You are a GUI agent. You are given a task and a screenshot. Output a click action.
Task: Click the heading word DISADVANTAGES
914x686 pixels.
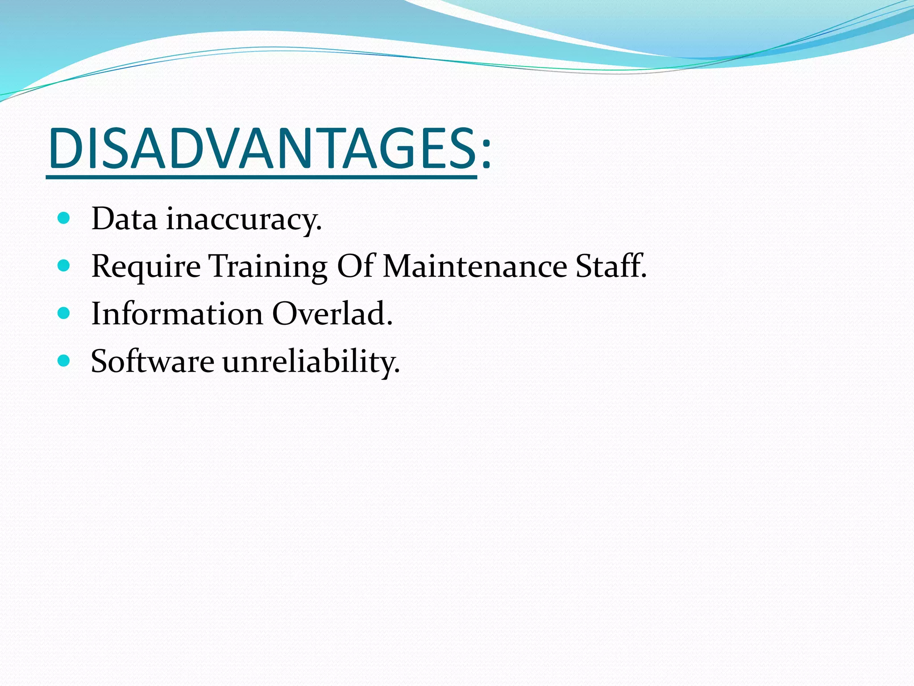click(262, 148)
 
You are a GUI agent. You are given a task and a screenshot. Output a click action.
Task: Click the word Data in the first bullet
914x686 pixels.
click(124, 219)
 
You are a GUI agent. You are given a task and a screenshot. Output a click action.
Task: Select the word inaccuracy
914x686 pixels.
click(244, 220)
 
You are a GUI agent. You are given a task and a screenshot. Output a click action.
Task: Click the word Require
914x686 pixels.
click(146, 267)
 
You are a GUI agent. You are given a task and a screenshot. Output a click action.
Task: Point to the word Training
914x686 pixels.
click(268, 267)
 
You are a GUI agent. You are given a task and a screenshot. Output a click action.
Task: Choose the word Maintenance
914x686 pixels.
click(475, 266)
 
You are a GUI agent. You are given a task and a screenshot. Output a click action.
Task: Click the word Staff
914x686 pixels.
click(611, 266)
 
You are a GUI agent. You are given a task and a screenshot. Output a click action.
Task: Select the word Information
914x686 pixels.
click(177, 314)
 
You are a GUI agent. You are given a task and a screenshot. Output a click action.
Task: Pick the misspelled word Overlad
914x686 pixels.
click(332, 314)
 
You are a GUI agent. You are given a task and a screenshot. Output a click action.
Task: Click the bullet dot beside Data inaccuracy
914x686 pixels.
click(64, 218)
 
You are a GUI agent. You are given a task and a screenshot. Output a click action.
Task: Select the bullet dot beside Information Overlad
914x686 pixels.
click(64, 314)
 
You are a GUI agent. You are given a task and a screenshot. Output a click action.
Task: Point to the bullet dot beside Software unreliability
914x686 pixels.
click(64, 361)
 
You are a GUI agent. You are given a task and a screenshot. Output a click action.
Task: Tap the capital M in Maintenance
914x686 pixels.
click(399, 266)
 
